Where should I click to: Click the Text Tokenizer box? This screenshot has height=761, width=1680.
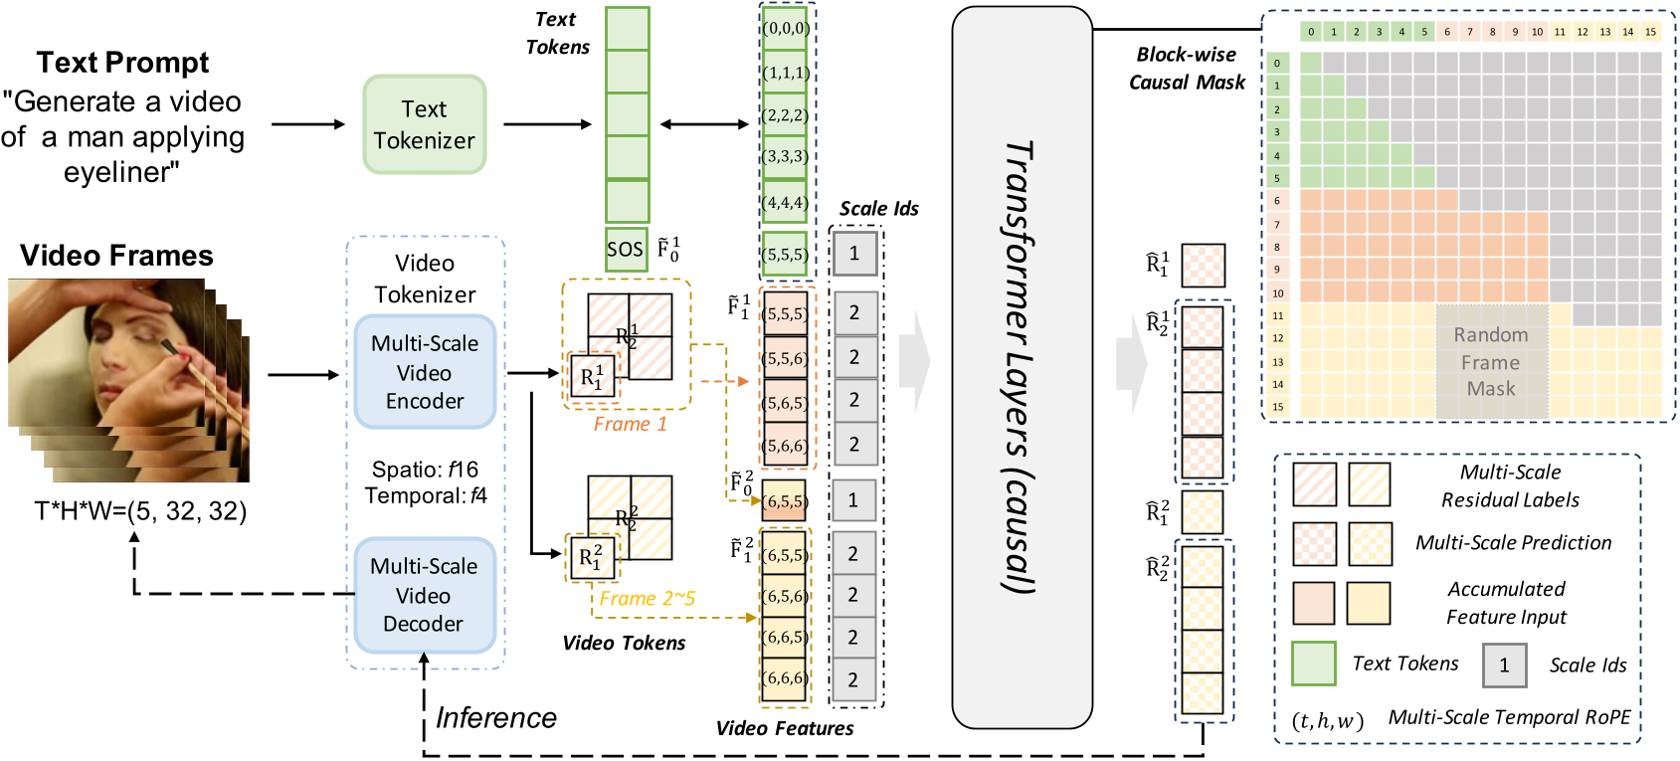pyautogui.click(x=425, y=124)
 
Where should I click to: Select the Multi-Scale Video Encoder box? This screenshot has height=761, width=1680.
pyautogui.click(x=425, y=372)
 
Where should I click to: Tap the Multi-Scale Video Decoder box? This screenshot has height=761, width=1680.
pyautogui.click(x=424, y=595)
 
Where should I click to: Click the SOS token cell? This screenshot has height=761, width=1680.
pyautogui.click(x=627, y=250)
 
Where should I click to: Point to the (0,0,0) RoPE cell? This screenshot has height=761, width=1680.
pyautogui.click(x=786, y=29)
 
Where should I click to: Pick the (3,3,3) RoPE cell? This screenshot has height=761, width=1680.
pyautogui.click(x=786, y=157)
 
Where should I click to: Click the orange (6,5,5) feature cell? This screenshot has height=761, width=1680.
pyautogui.click(x=785, y=501)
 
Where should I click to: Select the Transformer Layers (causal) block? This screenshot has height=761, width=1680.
pyautogui.click(x=1022, y=368)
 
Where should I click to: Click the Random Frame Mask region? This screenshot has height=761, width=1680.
pyautogui.click(x=1491, y=362)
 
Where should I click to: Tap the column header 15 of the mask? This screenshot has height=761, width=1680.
pyautogui.click(x=1650, y=32)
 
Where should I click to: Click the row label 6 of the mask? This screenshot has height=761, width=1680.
pyautogui.click(x=1277, y=201)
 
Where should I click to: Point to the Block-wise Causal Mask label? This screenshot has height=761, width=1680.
pyautogui.click(x=1187, y=69)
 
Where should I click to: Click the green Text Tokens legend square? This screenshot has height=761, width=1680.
pyautogui.click(x=1313, y=664)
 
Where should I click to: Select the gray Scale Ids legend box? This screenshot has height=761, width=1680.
pyautogui.click(x=1504, y=666)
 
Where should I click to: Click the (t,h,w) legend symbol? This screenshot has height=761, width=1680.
pyautogui.click(x=1327, y=721)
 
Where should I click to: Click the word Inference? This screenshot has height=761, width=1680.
pyautogui.click(x=496, y=717)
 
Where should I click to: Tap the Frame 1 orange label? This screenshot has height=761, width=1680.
pyautogui.click(x=630, y=424)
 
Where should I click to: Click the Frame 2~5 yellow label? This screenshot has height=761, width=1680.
pyautogui.click(x=647, y=598)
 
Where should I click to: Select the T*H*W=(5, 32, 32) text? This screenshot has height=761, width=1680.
pyautogui.click(x=140, y=511)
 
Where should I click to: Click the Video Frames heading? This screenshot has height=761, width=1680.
pyautogui.click(x=116, y=256)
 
